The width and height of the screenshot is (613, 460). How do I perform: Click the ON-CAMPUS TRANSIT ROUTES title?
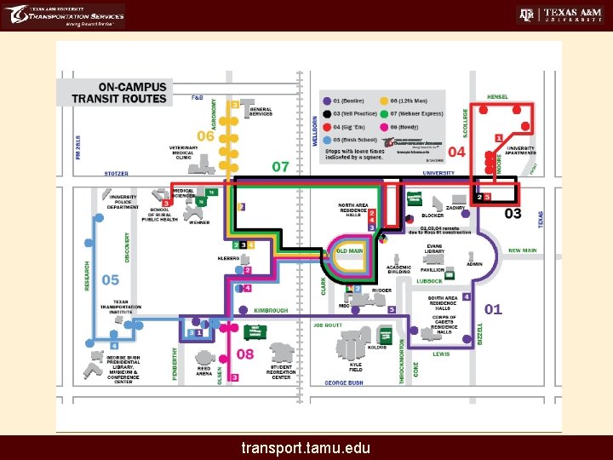pos(131,92)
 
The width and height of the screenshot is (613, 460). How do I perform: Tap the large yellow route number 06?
pos(205,135)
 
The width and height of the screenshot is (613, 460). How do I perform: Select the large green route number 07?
pos(280,166)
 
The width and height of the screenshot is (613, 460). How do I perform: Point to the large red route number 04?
pos(456,152)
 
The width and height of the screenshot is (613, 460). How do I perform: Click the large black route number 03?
pos(513,213)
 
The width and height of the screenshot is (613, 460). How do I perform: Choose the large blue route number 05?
pos(111,279)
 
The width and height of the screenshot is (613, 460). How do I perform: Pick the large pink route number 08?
pos(245,353)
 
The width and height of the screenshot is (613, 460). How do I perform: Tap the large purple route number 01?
pos(493,309)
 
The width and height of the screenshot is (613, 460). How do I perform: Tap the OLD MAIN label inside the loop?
pos(350,251)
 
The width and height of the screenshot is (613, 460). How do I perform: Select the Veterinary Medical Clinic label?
pos(183,152)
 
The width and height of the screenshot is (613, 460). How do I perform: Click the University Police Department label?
pos(123,203)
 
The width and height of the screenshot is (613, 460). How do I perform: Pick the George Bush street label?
pos(343,383)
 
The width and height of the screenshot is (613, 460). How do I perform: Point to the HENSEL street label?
pos(498,97)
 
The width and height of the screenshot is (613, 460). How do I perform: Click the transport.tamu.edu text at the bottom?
pos(306,446)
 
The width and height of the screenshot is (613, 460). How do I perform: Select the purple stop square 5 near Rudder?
pos(391,309)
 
